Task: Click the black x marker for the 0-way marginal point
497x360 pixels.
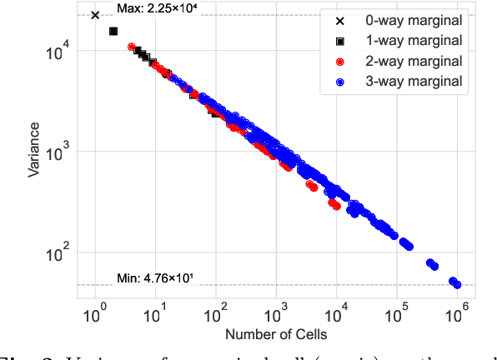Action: [95, 15]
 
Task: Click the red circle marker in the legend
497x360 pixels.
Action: [340, 61]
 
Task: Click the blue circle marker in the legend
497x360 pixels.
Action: [340, 82]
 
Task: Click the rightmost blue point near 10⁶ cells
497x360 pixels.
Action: [457, 285]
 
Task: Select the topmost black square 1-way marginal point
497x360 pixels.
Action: [113, 31]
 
